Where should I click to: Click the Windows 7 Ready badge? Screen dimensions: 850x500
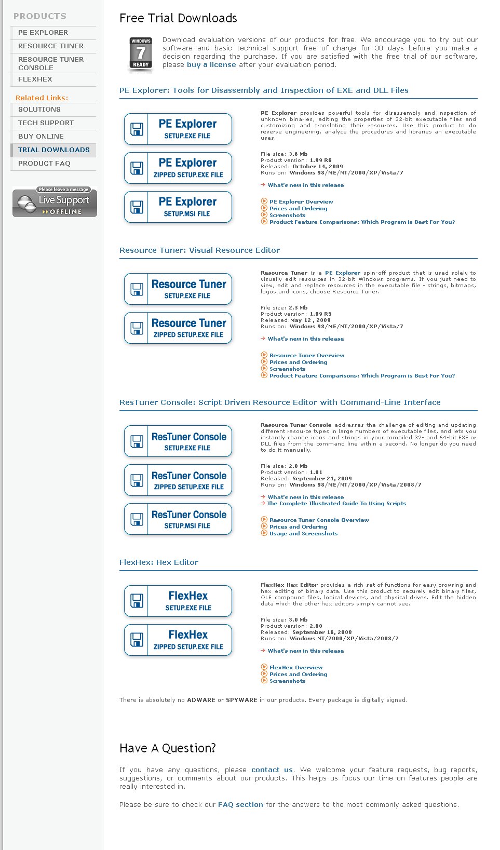coord(141,53)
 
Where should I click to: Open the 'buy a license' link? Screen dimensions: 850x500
coord(211,65)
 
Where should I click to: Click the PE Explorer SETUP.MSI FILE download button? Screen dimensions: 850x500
coord(178,207)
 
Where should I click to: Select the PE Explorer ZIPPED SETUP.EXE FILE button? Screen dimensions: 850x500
coord(178,168)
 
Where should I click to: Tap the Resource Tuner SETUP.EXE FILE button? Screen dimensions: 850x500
coord(178,289)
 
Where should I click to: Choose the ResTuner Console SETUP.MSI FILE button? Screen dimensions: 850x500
coord(178,519)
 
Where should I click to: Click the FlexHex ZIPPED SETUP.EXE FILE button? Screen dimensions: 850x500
coord(178,640)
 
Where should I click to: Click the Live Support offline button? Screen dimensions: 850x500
coord(55,203)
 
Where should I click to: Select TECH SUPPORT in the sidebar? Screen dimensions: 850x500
coord(46,123)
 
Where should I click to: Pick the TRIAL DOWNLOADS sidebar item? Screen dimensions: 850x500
coord(53,150)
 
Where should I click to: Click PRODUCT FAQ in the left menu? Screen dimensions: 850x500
coord(44,164)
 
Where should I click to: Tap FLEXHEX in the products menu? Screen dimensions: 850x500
coord(35,79)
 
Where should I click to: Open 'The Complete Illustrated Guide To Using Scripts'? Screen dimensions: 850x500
coord(336,504)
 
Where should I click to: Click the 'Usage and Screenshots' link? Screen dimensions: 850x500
coord(303,534)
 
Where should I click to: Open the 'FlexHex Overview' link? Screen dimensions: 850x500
coord(296,668)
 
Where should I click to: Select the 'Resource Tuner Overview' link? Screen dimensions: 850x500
coord(307,356)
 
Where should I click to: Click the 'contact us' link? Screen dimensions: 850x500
coord(272,770)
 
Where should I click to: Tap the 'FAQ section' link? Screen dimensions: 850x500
coord(240,805)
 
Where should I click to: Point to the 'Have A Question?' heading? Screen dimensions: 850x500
coord(167,748)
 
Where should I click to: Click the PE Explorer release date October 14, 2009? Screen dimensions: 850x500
coord(317,167)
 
